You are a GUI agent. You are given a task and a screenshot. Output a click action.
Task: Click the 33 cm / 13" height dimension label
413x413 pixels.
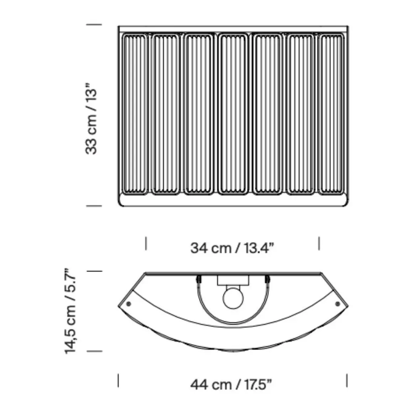click(91, 119)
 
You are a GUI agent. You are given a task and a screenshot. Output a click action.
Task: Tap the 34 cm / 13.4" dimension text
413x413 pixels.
click(232, 248)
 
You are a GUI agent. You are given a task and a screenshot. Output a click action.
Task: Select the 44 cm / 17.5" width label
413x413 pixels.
click(231, 385)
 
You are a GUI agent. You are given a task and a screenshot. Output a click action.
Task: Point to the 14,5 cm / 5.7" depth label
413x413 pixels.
click(70, 311)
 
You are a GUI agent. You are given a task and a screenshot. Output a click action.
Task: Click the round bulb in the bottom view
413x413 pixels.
click(233, 298)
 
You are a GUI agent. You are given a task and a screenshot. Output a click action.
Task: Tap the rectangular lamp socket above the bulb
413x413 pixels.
click(233, 281)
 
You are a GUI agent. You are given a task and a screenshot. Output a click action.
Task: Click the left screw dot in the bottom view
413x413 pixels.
click(129, 304)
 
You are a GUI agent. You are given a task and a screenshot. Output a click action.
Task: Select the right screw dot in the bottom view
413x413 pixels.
click(338, 304)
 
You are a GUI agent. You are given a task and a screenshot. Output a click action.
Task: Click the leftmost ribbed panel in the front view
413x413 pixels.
click(134, 114)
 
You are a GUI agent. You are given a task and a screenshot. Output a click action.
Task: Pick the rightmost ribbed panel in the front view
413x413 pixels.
click(332, 114)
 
